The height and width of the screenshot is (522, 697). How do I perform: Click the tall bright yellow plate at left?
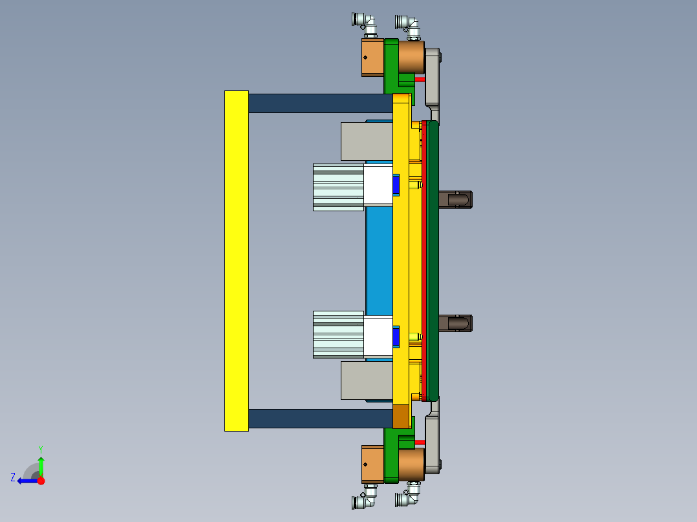(x=236, y=260)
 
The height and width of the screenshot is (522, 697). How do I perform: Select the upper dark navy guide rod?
(x=320, y=103)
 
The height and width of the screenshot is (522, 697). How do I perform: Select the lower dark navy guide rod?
(x=320, y=418)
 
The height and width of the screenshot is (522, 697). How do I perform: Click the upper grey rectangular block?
(x=366, y=141)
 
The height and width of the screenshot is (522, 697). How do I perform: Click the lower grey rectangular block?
(x=366, y=380)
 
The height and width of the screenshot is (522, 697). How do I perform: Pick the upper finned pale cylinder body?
(x=338, y=187)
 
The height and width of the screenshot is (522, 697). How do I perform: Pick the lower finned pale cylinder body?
(x=338, y=334)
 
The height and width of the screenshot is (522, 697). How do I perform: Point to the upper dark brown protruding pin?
(x=456, y=200)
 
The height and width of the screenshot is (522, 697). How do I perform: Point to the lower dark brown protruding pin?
(x=456, y=323)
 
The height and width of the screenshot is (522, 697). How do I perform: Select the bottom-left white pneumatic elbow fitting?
(x=366, y=499)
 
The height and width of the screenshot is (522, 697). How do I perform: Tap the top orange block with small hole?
(x=372, y=57)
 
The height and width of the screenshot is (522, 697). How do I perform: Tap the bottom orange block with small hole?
(x=372, y=464)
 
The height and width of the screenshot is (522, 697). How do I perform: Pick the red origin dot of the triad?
(x=41, y=481)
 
